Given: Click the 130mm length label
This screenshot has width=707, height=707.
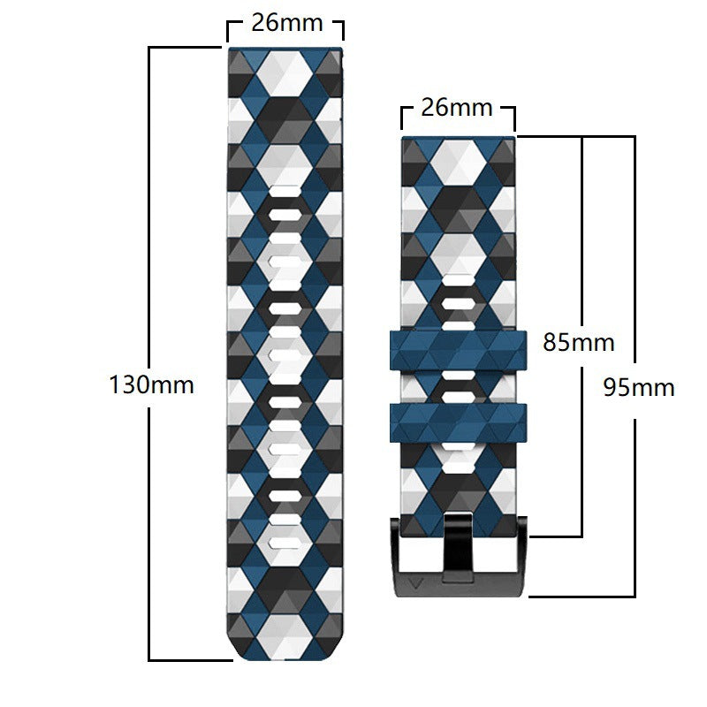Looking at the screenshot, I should point(151,385).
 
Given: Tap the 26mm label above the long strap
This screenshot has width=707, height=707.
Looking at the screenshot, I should point(286,23).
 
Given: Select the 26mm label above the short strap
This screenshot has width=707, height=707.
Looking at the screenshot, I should point(457,108).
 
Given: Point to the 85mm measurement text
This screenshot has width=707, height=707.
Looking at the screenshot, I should point(578,342).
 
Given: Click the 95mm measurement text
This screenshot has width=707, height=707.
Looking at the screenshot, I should point(639,386).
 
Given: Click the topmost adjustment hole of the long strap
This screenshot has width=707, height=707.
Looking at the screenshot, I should point(285,214).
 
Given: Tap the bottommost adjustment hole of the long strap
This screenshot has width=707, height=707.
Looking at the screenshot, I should point(285,542).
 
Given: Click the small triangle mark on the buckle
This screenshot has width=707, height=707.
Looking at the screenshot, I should point(416,582).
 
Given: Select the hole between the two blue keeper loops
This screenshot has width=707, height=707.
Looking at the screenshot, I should point(457,387).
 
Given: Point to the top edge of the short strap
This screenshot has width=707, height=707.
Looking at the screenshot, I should point(457,138).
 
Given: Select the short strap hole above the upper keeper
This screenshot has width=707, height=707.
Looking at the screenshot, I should point(457,306).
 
